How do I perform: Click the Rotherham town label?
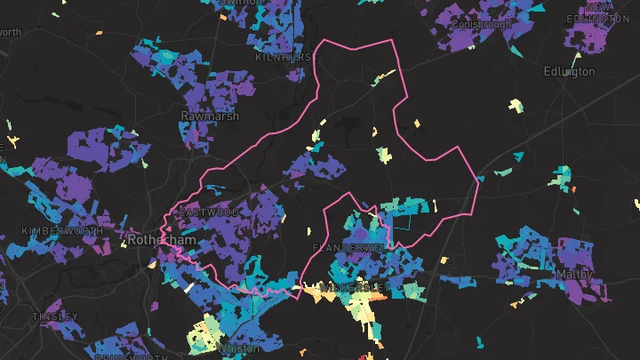(x=155, y=240)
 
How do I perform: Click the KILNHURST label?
(x=284, y=57)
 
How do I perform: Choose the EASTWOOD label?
(x=208, y=212)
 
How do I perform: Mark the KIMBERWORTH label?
(x=55, y=230)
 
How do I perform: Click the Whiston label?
(x=239, y=349)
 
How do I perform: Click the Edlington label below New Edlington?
(x=569, y=71)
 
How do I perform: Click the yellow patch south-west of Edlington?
(x=514, y=105)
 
